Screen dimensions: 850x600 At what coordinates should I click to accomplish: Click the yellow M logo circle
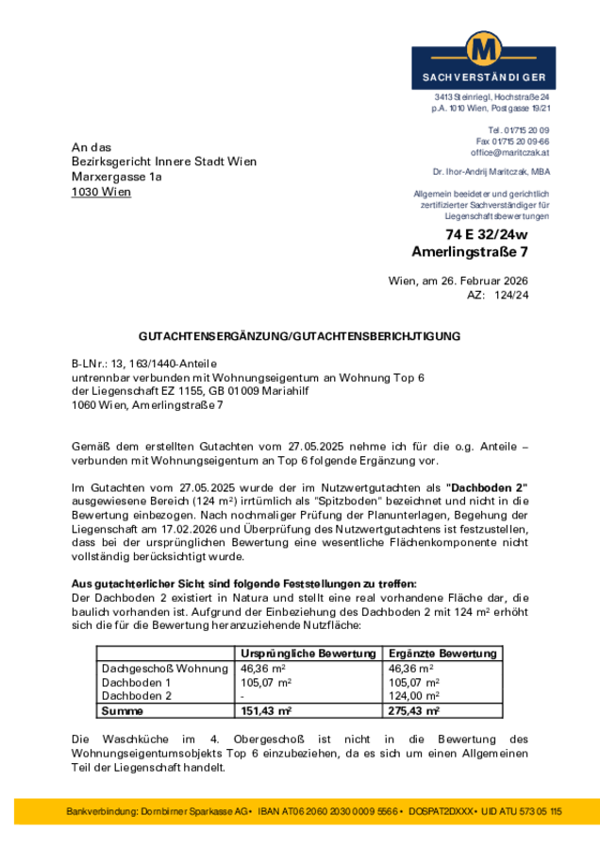coord(483,48)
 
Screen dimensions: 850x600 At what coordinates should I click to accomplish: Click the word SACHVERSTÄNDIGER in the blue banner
coord(483,77)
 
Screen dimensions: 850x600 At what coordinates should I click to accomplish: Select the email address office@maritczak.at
coord(510,152)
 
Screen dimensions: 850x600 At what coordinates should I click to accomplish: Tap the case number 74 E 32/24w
coord(487,234)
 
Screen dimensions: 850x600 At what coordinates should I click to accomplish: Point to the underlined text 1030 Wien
coord(101,192)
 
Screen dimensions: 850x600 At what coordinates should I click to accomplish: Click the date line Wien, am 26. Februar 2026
coord(458,280)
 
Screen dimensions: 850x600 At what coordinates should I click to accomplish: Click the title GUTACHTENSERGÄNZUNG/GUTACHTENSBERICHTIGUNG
coord(299,335)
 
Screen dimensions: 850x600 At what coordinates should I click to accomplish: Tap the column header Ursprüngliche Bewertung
coord(308,654)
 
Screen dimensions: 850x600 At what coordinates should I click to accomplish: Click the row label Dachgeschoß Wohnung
coord(164,668)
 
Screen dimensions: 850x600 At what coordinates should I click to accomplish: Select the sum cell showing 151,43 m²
coord(266,710)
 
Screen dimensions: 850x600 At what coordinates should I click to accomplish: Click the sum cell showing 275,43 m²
coord(414,710)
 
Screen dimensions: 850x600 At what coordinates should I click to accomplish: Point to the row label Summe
coord(123,710)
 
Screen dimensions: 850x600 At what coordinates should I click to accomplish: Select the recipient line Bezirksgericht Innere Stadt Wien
coord(164,161)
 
